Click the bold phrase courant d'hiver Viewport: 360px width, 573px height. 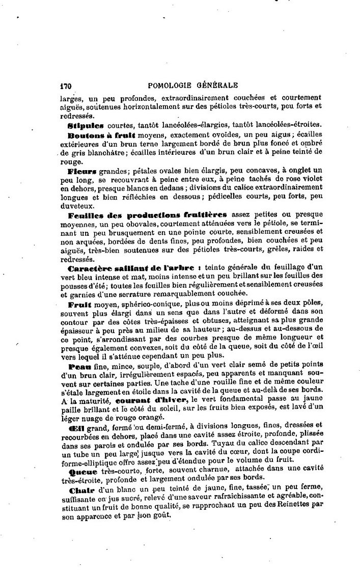pyautogui.click(x=158, y=400)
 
